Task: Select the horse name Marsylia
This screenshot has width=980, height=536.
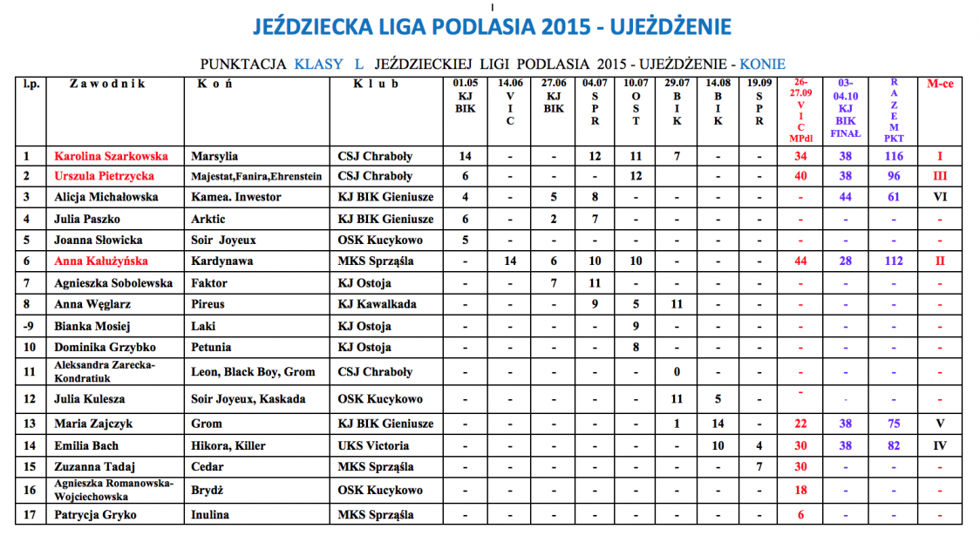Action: [214, 157]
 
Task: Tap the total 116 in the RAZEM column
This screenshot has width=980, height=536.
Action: [894, 157]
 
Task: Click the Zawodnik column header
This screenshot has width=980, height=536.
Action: [107, 85]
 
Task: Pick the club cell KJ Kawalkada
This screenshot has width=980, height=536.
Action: [378, 304]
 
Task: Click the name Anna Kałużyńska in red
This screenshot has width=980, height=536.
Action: [101, 261]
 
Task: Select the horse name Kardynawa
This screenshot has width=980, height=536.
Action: [223, 261]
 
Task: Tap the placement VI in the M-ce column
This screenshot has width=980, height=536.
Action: [939, 197]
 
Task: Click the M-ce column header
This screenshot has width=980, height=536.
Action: [939, 85]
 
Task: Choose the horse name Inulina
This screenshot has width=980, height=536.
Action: [210, 515]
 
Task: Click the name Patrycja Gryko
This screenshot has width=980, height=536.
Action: [95, 515]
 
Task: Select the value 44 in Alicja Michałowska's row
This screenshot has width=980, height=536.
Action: [845, 197]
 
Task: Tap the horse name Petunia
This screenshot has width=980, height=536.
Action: [211, 347]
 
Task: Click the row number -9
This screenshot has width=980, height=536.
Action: [29, 326]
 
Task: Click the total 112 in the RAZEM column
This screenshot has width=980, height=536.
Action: [894, 261]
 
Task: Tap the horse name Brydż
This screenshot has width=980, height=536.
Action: [208, 491]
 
